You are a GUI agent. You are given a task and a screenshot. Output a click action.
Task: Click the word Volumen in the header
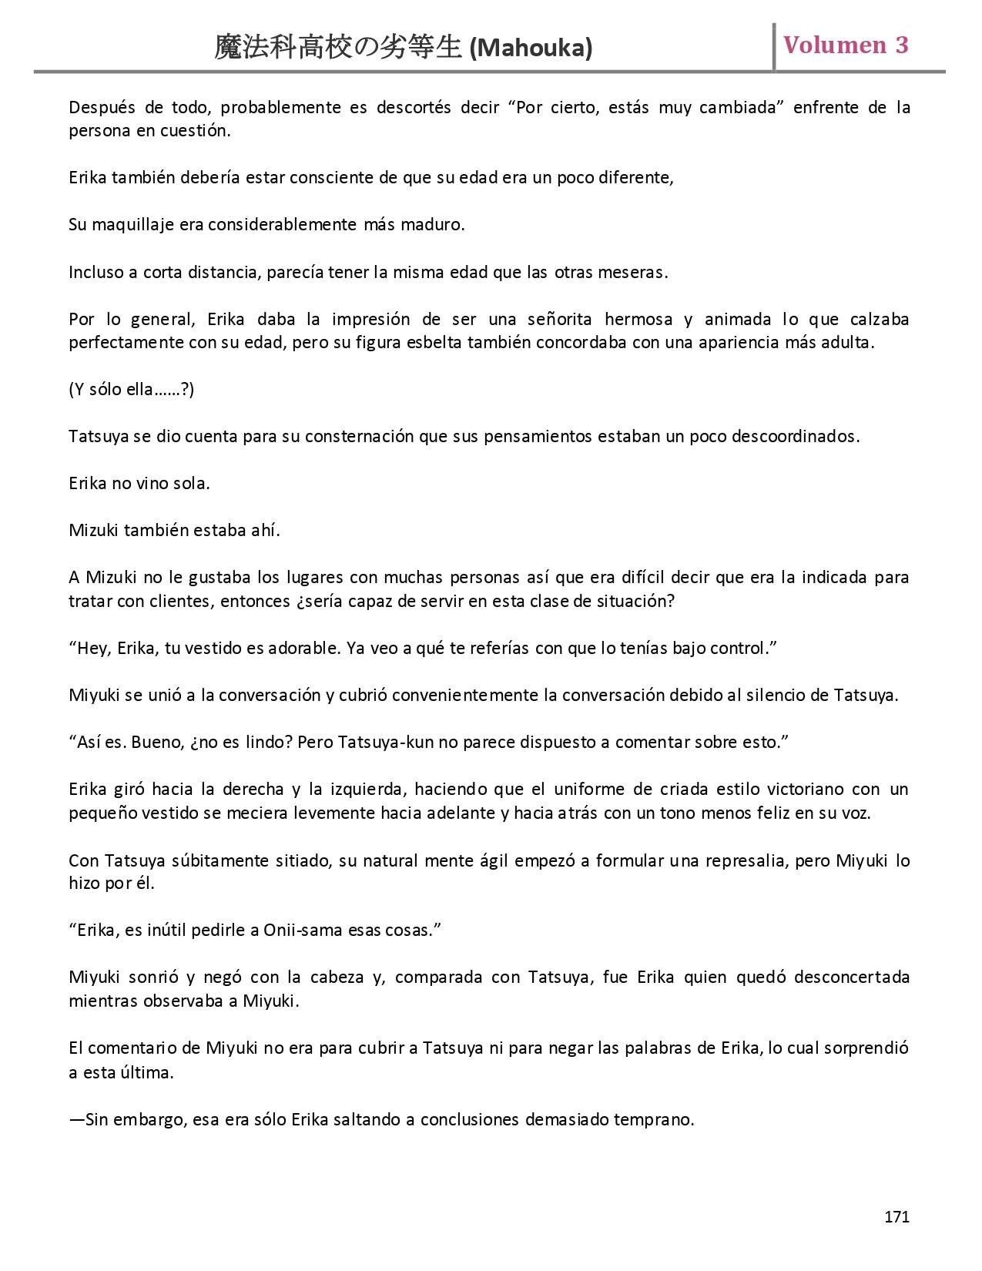coord(835,45)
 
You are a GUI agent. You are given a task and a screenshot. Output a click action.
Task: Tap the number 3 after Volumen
coord(901,45)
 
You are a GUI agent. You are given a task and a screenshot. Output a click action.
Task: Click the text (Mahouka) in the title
coord(531,49)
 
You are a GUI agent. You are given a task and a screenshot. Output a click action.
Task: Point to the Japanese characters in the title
coord(337,48)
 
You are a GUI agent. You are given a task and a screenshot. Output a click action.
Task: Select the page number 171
coord(897,1216)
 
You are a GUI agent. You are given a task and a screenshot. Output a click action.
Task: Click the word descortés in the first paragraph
coord(414,107)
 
